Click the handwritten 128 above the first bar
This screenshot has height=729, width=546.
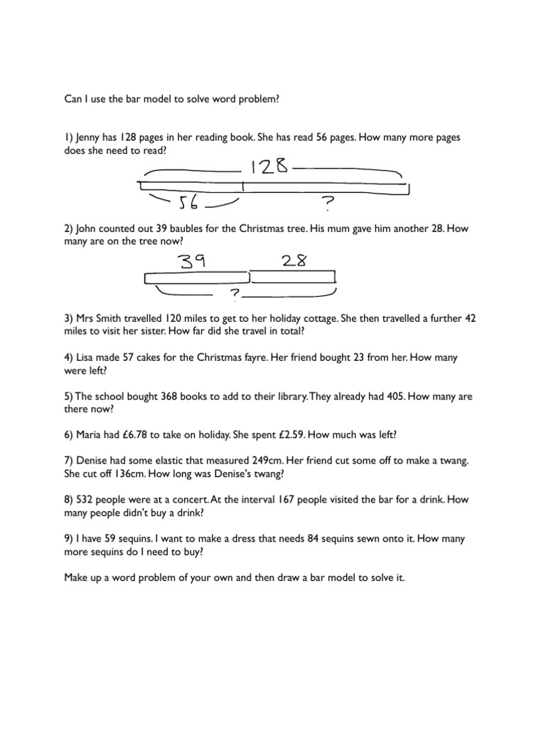point(269,167)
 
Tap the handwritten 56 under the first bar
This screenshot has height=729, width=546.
point(191,204)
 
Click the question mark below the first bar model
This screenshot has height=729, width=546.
point(327,205)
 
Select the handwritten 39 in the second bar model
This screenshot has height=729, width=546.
point(192,261)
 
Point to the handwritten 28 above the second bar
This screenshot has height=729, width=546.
point(294,261)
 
